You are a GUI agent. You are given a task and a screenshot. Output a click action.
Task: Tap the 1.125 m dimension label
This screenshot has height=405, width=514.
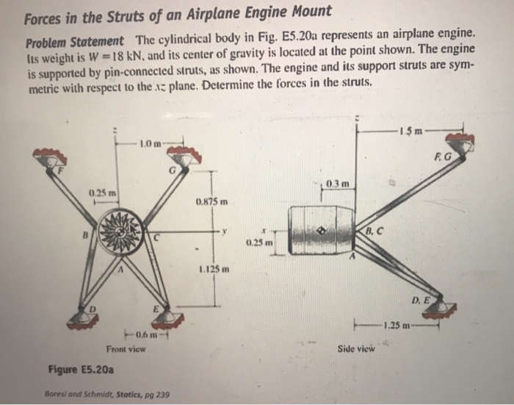[x=214, y=269]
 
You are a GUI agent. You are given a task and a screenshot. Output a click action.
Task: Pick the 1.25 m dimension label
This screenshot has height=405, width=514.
[x=397, y=325]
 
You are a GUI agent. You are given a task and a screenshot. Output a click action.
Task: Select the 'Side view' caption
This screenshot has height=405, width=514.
[x=355, y=348]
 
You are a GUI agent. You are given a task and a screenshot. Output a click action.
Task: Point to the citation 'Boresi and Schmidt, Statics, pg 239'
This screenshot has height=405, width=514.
[x=107, y=395]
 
